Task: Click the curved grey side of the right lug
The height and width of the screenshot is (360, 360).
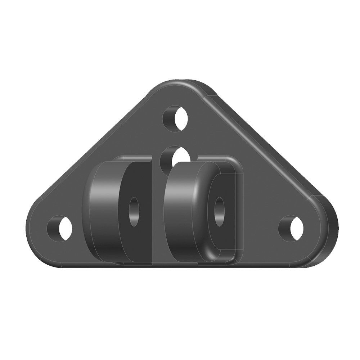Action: click(x=182, y=209)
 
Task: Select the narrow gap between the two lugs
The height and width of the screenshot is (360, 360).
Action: click(x=159, y=216)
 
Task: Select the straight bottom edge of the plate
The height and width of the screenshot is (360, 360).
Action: click(x=180, y=268)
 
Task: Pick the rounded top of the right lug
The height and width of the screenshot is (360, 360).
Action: click(x=194, y=164)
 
